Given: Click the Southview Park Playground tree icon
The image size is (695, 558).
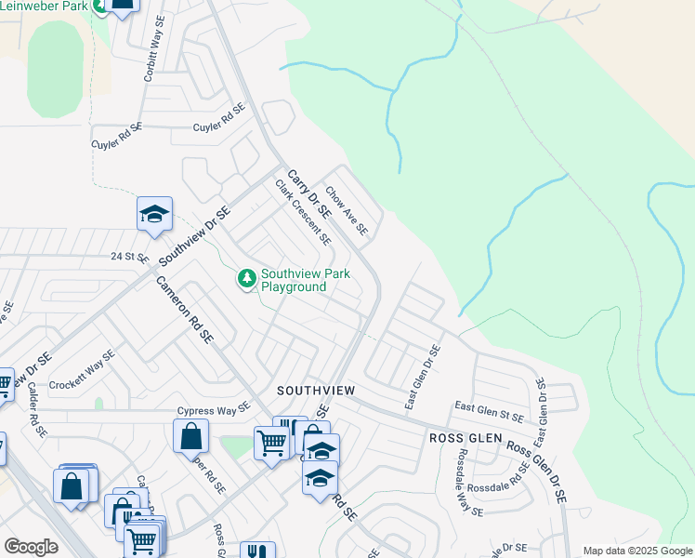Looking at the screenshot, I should tap(246, 278).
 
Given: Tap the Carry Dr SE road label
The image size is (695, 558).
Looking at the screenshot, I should tap(309, 193).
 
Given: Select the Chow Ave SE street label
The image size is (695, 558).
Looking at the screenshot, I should tap(347, 209).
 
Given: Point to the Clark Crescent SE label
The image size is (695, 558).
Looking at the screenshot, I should tap(303, 212).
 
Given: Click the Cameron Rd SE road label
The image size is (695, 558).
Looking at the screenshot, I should tap(185, 311).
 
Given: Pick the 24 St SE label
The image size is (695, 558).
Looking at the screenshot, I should tap(129, 256).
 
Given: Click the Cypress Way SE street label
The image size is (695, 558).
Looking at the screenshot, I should tap(215, 409).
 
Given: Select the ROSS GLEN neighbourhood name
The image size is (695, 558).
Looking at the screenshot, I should tap(465, 437).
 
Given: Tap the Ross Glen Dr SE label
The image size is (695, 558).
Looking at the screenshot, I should tap(536, 472).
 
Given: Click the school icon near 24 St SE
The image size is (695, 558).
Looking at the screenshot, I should tap(154, 215).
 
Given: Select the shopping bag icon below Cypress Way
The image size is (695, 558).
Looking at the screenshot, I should tap(190, 435).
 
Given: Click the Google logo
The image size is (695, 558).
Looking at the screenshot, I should tap(31, 547).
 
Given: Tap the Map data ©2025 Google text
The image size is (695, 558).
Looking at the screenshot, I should tap(637, 551).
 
